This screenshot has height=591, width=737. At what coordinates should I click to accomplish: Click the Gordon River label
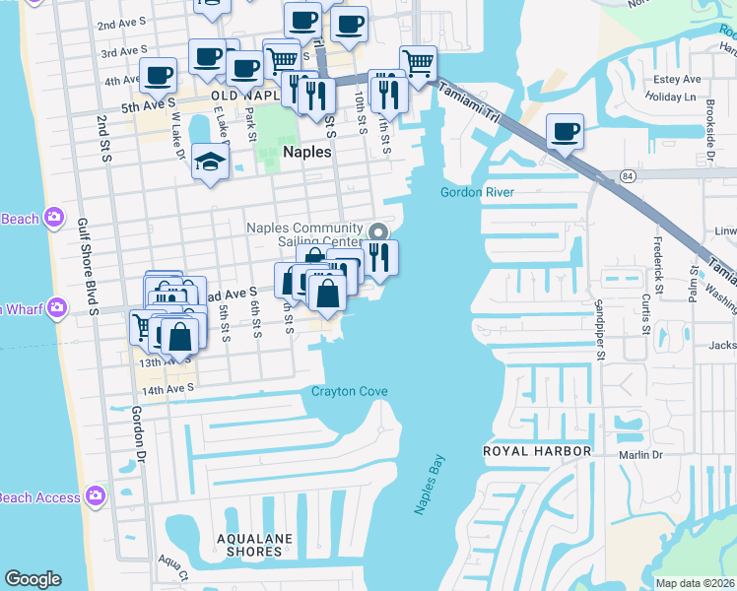point(477,192)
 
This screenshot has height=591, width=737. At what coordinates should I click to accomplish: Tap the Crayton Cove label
point(349,392)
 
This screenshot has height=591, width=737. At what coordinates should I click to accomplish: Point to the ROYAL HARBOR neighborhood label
point(536,451)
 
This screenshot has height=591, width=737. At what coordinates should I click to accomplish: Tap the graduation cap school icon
point(210,160)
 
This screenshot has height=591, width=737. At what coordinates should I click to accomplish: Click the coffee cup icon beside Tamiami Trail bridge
point(565,131)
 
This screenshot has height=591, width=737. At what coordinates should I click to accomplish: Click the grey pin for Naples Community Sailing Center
point(377,232)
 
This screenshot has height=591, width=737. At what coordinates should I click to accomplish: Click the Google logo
point(33,579)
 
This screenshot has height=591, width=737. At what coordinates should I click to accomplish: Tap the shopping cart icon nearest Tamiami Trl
point(418,63)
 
